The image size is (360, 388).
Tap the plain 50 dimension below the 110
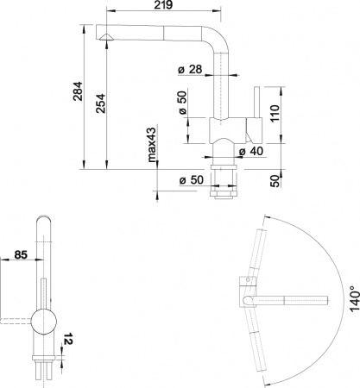pyautogui.click(x=275, y=180)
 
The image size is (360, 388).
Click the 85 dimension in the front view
pyautogui.click(x=21, y=255)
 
